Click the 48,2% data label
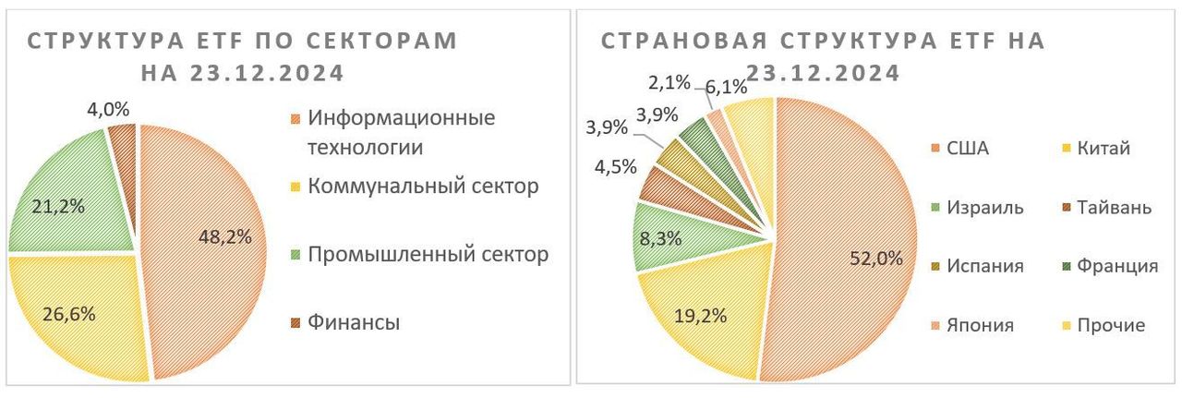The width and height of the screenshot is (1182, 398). point(225,236)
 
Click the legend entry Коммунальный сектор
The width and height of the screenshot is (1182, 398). point(423,187)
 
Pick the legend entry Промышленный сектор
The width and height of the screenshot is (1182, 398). point(428,253)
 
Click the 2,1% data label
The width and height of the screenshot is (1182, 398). point(668,82)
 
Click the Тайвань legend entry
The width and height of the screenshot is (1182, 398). point(1117,207)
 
